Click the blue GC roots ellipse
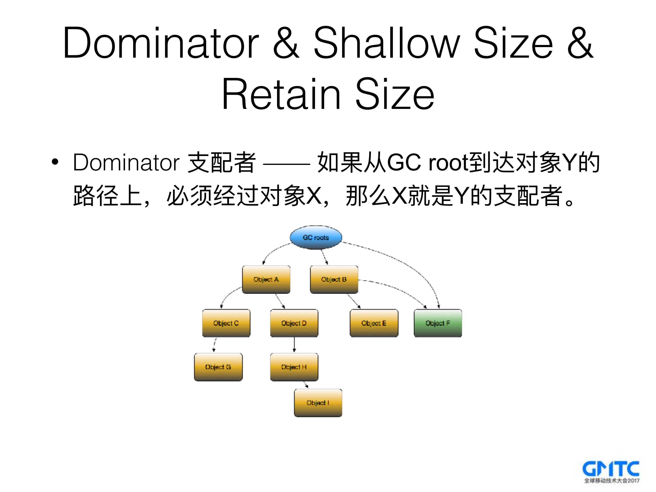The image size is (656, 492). click(316, 237)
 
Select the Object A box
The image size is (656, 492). click(266, 279)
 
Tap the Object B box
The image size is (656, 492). click(334, 279)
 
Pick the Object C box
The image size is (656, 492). click(226, 323)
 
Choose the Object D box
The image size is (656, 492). click(294, 323)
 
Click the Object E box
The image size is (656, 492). click(374, 323)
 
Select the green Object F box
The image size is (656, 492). click(438, 323)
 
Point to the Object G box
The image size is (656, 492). click(218, 367)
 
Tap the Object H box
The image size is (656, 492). click(294, 367)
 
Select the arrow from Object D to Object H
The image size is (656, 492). click(294, 345)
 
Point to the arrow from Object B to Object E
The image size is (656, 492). click(353, 301)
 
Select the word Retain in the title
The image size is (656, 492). click(281, 94)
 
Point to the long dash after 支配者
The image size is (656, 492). click(286, 163)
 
